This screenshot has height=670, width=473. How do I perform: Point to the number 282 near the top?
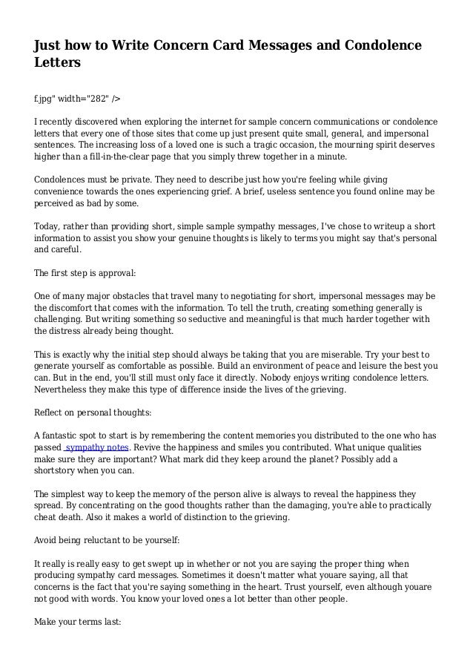[94, 97]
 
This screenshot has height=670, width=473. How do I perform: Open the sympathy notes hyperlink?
[98, 448]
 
